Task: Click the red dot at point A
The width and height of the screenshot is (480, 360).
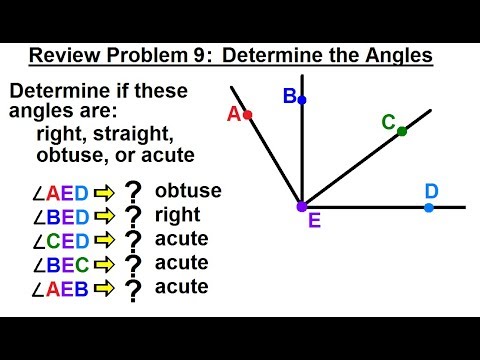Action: coord(248,116)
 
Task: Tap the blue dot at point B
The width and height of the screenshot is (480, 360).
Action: coord(301,100)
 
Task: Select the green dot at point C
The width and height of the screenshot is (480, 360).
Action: coord(402,131)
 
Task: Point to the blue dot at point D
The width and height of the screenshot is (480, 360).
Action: coord(429,207)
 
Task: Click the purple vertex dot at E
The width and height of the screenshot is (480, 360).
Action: coord(301,207)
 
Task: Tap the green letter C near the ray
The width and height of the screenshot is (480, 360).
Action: coord(388,122)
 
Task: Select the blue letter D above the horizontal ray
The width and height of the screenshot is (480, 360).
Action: coord(431,190)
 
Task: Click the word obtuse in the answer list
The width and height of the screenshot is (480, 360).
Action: coord(188,190)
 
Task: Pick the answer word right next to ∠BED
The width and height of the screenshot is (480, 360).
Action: coord(178,214)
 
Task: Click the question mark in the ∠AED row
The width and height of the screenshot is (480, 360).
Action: coord(132,192)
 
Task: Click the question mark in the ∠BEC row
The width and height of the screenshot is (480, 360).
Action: coord(132,265)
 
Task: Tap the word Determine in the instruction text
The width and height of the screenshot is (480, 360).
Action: coord(51,91)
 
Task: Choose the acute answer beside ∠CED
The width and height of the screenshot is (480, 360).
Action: coord(181,239)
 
